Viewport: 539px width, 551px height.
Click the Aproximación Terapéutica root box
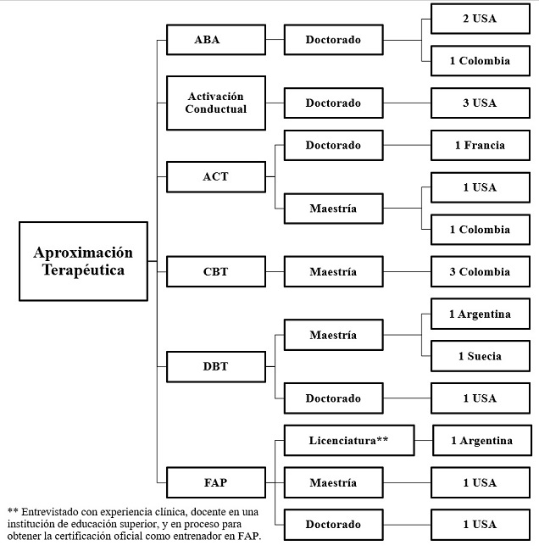[83, 261]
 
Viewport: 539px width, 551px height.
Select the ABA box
[207, 40]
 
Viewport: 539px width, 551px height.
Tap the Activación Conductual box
[215, 103]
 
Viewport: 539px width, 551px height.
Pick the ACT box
[215, 177]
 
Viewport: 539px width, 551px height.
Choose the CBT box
[215, 272]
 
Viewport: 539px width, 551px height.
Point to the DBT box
[215, 367]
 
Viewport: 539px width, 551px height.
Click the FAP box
[215, 483]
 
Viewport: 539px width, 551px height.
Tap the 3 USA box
[480, 103]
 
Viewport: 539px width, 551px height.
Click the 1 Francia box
[480, 145]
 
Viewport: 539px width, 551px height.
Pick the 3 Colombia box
[480, 272]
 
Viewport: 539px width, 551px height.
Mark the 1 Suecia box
[480, 356]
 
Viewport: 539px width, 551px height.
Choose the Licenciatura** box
[348, 441]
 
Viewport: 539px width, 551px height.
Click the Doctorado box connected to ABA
[333, 40]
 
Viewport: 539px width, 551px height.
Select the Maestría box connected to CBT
[333, 272]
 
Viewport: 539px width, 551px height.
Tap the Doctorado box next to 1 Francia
[333, 145]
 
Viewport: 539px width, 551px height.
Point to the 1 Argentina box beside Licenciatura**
[481, 441]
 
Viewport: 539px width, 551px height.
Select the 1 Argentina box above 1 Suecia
[480, 314]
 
